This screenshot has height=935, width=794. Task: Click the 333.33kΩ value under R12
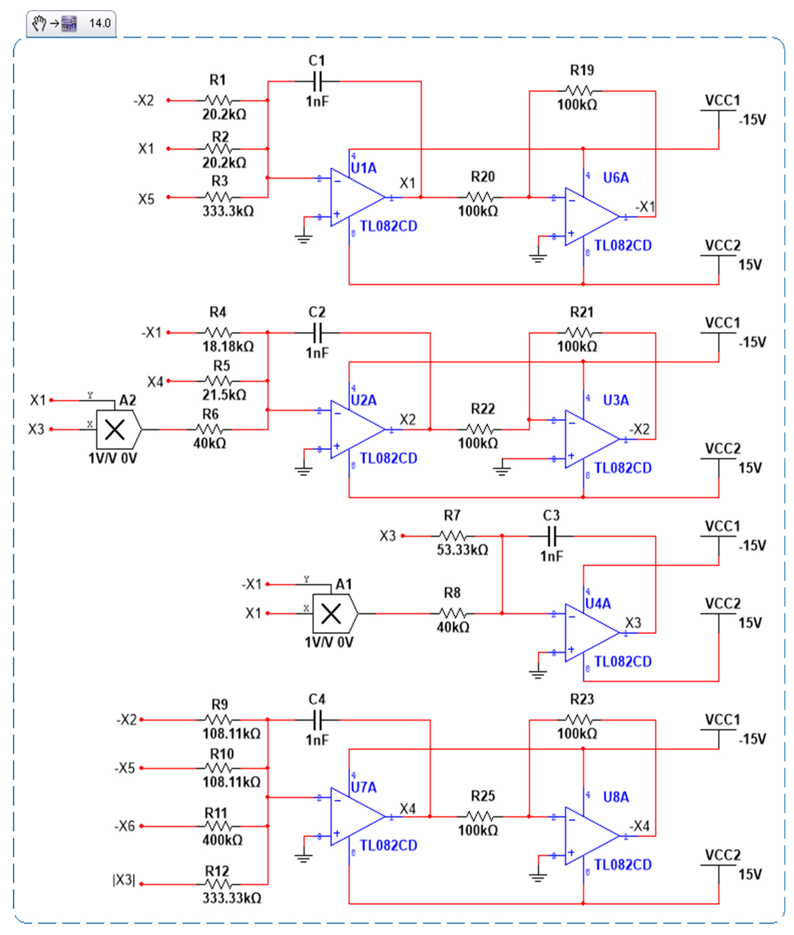tap(231, 898)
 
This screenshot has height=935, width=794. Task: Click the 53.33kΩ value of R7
tap(462, 550)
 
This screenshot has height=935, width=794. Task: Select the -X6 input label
tap(125, 826)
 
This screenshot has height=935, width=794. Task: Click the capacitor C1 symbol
tap(317, 81)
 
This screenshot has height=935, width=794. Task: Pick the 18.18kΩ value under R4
tap(228, 347)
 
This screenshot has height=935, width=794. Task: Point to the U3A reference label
tap(616, 400)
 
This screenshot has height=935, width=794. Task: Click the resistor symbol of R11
tap(218, 826)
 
